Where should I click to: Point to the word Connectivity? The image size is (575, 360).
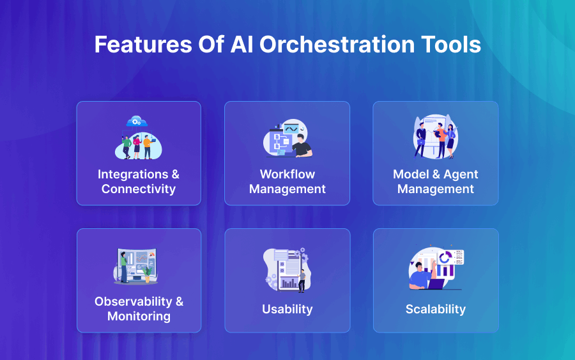pyautogui.click(x=139, y=189)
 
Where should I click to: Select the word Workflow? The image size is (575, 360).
pyautogui.click(x=287, y=174)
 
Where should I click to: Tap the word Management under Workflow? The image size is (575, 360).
pyautogui.click(x=287, y=189)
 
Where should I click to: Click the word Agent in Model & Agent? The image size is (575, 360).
pyautogui.click(x=457, y=174)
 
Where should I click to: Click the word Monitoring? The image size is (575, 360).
pyautogui.click(x=139, y=316)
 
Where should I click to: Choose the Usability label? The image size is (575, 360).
pyautogui.click(x=287, y=309)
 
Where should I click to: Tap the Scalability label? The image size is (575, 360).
pyautogui.click(x=436, y=309)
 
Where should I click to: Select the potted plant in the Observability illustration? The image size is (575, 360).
pyautogui.click(x=148, y=274)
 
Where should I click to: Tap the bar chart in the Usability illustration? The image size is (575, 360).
pyautogui.click(x=289, y=282)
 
